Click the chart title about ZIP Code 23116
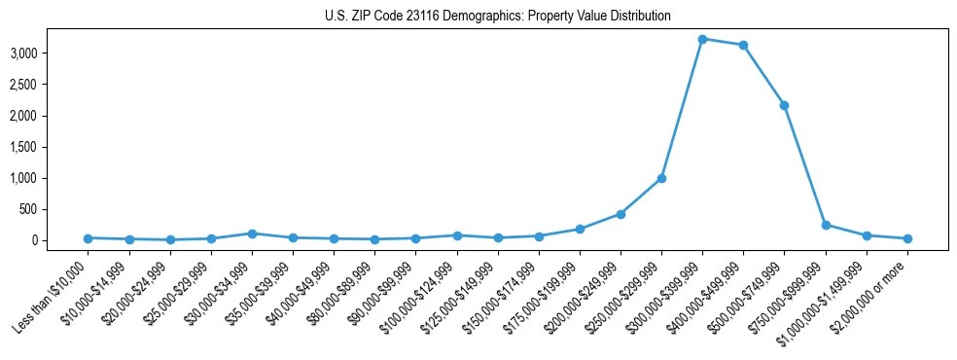(x=497, y=17)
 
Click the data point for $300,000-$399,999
(x=702, y=39)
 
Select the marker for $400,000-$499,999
(x=743, y=45)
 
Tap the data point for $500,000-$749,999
(x=784, y=105)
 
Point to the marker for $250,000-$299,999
(x=661, y=178)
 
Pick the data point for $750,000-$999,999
(x=826, y=225)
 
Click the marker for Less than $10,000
(x=88, y=238)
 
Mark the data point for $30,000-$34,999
(x=252, y=234)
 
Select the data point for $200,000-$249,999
(x=620, y=214)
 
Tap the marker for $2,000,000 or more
(x=907, y=238)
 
